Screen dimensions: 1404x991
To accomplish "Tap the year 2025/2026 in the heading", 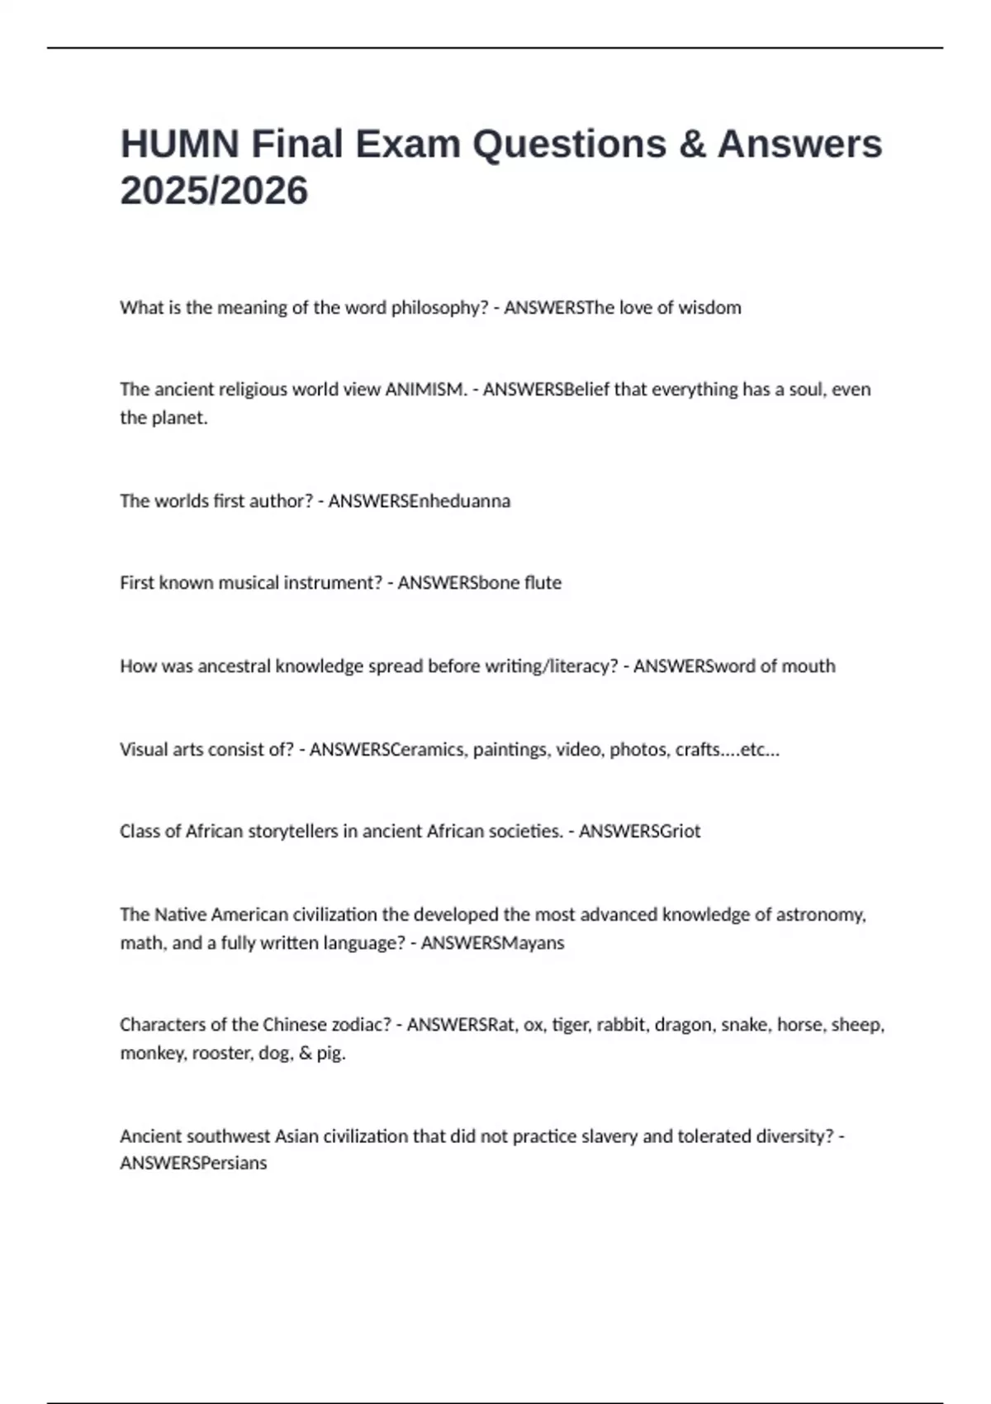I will coord(214,191).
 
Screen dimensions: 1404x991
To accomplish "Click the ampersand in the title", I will coord(692,144).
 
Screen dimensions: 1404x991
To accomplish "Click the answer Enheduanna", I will coord(460,500).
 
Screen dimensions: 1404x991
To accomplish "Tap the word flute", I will coord(543,582).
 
